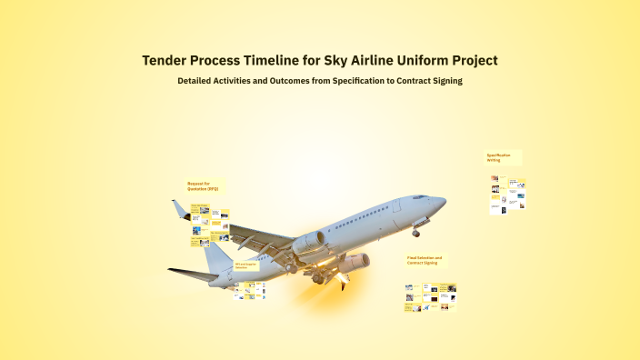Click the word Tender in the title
pos(165,61)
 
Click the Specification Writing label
pos(498,157)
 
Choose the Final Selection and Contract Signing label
pos(424,260)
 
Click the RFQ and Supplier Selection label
pos(246,265)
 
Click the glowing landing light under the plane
pos(345,282)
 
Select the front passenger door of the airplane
pos(396,205)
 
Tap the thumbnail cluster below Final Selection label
pos(430,297)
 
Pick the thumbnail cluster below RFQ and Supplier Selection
pos(249,291)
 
